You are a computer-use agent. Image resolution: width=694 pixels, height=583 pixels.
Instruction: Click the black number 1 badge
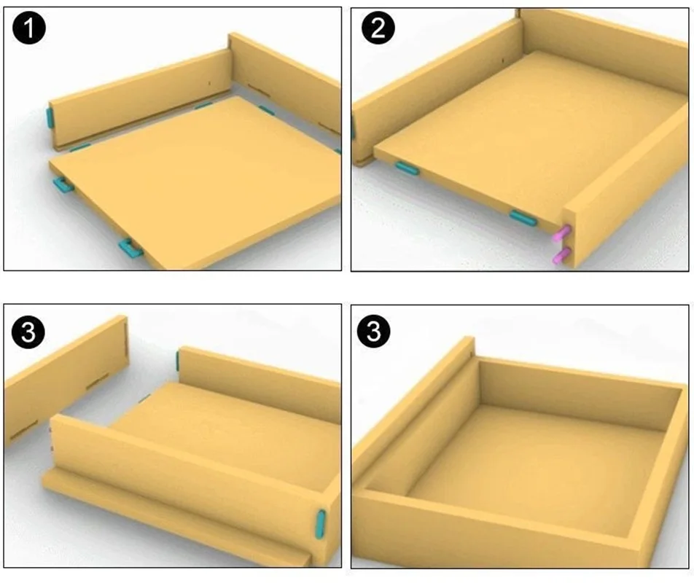pyautogui.click(x=29, y=28)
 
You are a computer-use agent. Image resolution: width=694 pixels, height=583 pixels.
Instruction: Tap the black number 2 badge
pyautogui.click(x=378, y=28)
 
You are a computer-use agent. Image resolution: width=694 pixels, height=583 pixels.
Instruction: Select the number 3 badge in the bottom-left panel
pyautogui.click(x=28, y=332)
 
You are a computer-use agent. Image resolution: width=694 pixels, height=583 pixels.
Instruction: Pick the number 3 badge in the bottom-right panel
pyautogui.click(x=373, y=332)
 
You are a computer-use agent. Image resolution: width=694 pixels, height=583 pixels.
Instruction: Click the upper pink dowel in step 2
pyautogui.click(x=561, y=233)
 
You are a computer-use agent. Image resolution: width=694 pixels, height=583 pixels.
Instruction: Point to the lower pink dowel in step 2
pyautogui.click(x=561, y=256)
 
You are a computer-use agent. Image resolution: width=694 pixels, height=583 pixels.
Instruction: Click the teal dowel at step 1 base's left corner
pyautogui.click(x=63, y=184)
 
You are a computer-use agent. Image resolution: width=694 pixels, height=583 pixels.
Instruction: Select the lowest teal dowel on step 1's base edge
pyautogui.click(x=130, y=249)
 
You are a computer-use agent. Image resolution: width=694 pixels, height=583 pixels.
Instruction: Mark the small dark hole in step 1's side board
pyautogui.click(x=210, y=83)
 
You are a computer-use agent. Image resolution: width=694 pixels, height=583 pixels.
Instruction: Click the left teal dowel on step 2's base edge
pyautogui.click(x=408, y=168)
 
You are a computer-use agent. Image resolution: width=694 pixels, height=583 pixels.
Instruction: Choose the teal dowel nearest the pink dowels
pyautogui.click(x=523, y=218)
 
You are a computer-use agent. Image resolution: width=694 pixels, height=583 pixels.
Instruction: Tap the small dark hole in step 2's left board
pyautogui.click(x=503, y=60)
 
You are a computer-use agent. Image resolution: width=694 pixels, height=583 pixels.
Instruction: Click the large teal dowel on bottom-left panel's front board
pyautogui.click(x=321, y=524)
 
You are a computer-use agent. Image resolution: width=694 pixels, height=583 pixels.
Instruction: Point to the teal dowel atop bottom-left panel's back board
pyautogui.click(x=177, y=360)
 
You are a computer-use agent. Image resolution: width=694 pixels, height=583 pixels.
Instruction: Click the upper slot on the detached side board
pyautogui.click(x=98, y=381)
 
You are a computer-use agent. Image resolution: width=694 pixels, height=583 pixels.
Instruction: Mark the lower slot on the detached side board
pyautogui.click(x=24, y=429)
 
